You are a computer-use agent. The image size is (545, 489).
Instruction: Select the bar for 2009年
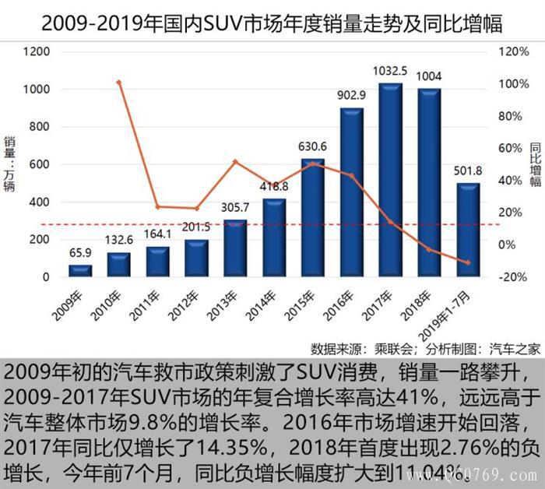(80, 270)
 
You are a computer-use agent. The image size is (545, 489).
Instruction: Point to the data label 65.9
(80, 253)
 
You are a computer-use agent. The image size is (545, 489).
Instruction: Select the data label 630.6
(313, 146)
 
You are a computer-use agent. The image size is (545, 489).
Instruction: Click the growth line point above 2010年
(118, 82)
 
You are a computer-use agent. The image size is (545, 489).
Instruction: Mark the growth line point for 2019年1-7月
(468, 262)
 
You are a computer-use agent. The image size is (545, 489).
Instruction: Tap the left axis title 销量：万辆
(10, 164)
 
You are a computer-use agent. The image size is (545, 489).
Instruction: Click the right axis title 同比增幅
(535, 164)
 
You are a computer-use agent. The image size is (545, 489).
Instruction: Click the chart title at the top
(272, 23)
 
